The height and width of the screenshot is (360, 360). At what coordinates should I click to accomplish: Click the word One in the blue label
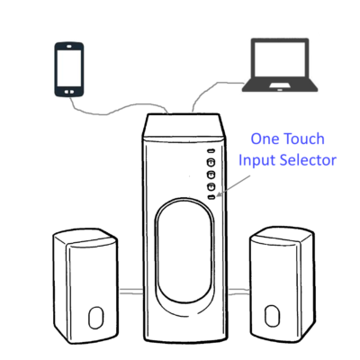coord(265,139)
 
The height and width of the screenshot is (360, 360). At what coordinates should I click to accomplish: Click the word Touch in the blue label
coord(304,139)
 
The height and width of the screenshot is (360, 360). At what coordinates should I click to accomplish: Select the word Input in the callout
coord(256,160)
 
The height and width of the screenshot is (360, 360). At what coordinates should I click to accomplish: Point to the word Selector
coord(308,159)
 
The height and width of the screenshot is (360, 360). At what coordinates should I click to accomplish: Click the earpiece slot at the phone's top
coord(69,47)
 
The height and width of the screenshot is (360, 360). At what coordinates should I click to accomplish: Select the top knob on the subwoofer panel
coord(211,162)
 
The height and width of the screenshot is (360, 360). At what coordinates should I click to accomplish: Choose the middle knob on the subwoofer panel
coord(211,175)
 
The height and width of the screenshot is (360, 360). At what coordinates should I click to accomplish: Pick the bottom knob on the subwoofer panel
coord(211,187)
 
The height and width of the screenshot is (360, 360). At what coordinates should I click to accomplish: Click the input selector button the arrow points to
coord(211,197)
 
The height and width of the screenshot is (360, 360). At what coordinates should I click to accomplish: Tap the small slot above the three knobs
coord(211,151)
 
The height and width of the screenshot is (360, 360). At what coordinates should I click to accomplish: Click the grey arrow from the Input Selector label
coord(233,186)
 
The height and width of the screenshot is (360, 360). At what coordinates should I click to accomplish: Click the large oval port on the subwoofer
coord(184,251)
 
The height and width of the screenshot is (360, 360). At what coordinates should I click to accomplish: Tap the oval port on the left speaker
coord(96,318)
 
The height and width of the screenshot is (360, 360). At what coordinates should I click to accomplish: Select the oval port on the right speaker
coord(272,316)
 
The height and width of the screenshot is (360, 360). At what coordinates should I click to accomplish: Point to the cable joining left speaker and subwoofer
coord(131,291)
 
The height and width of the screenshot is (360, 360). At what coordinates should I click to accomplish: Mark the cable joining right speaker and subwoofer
coord(239,291)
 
